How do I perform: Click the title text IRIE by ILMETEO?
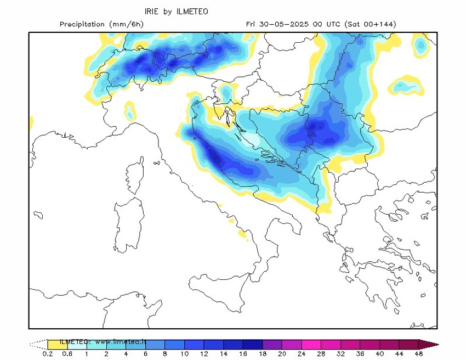point(176,11)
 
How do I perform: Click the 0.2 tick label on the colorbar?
point(48,354)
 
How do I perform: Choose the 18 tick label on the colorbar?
point(263,354)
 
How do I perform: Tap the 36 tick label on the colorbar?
point(361,354)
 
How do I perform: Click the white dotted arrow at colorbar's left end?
point(38,344)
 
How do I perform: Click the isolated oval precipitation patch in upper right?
point(406,86)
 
